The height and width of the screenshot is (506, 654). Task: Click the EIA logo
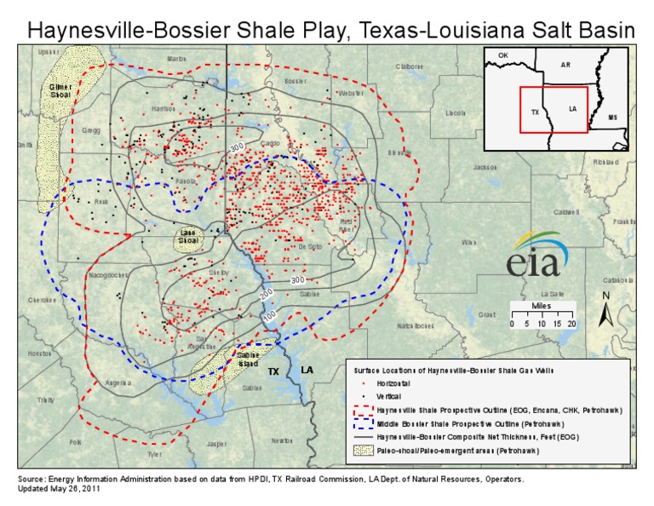pyautogui.click(x=535, y=254)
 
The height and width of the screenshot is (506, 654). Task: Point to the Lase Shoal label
pyautogui.click(x=188, y=237)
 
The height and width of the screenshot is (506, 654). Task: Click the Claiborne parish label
pyautogui.click(x=409, y=66)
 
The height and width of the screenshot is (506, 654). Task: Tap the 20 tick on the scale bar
pyautogui.click(x=571, y=324)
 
